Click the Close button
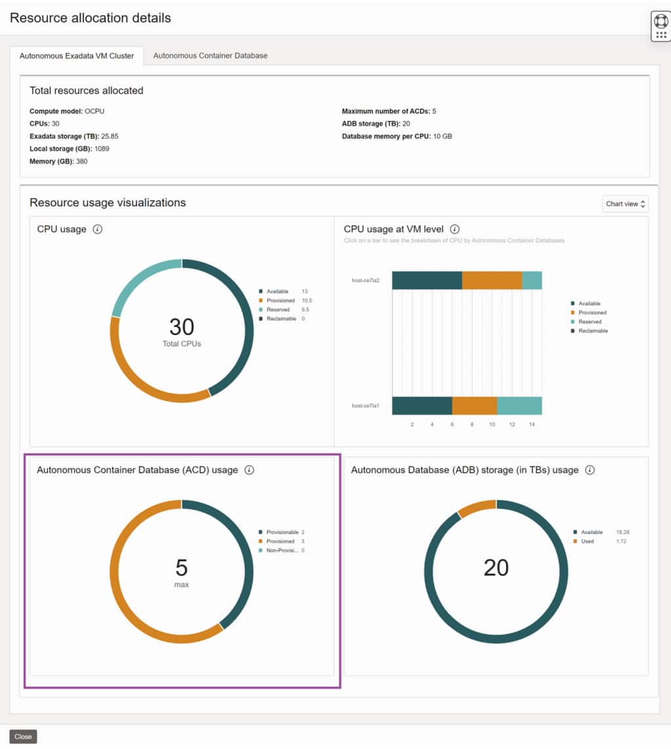pyautogui.click(x=23, y=737)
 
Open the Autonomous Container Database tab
pyautogui.click(x=210, y=56)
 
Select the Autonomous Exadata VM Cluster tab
pyautogui.click(x=77, y=56)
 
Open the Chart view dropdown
pyautogui.click(x=625, y=204)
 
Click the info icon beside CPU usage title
pyautogui.click(x=98, y=229)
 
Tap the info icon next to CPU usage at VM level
pyautogui.click(x=455, y=229)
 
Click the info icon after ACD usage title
pyautogui.click(x=249, y=470)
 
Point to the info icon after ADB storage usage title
pyautogui.click(x=590, y=470)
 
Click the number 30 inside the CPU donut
pyautogui.click(x=182, y=327)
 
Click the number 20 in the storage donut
pyautogui.click(x=496, y=568)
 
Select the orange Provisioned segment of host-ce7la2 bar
pyautogui.click(x=492, y=280)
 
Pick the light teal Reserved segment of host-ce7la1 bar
pyautogui.click(x=519, y=406)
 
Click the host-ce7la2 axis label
pyautogui.click(x=366, y=280)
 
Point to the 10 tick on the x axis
pyautogui.click(x=491, y=425)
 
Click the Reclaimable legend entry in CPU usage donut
pyautogui.click(x=280, y=319)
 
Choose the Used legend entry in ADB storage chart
pyautogui.click(x=587, y=541)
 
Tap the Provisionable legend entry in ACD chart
pyautogui.click(x=282, y=532)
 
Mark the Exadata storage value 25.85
pyautogui.click(x=109, y=136)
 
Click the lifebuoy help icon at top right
pyautogui.click(x=661, y=21)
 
